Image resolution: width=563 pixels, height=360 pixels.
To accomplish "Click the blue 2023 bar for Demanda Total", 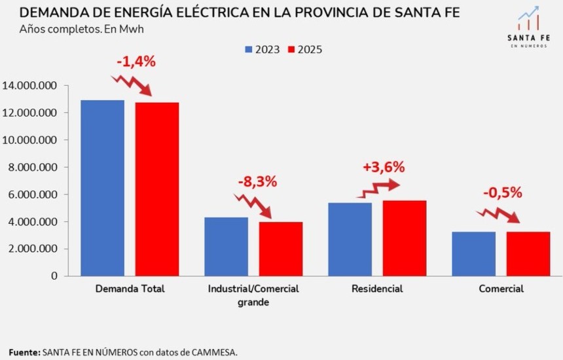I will point(102,188).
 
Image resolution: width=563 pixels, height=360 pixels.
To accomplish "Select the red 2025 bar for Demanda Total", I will point(157,189).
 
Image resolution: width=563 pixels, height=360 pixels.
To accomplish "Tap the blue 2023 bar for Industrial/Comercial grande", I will point(226,246).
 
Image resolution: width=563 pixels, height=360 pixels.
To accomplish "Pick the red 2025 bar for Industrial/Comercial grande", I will point(280,249).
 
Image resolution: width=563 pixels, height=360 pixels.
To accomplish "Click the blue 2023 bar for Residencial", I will point(350,239).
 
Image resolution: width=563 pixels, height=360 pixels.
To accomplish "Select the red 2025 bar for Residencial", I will point(405,238).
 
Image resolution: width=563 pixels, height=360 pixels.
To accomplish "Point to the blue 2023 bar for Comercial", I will point(473,253).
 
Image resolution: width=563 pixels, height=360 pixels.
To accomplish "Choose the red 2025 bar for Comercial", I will point(528,253).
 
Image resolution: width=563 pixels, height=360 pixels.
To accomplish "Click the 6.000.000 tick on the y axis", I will point(32,194).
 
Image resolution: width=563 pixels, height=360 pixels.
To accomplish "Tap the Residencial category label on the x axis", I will point(377,289).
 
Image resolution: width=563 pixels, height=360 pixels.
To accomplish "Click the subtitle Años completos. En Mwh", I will point(82,30).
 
